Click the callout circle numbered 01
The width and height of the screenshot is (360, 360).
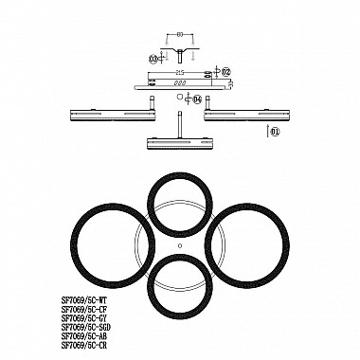click(x=276, y=134)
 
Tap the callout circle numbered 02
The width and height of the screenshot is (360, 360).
click(x=226, y=71)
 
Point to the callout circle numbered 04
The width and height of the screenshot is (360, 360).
click(x=198, y=99)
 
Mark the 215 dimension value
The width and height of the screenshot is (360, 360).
click(x=180, y=71)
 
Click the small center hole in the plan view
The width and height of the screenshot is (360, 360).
click(x=180, y=245)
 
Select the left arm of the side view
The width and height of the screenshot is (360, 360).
click(x=113, y=116)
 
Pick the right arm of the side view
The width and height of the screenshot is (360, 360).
click(x=244, y=116)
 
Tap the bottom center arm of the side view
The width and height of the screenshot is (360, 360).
click(x=180, y=143)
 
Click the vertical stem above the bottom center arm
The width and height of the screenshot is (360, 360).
click(x=180, y=123)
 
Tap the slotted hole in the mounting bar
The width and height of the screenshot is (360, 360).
click(x=177, y=82)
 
